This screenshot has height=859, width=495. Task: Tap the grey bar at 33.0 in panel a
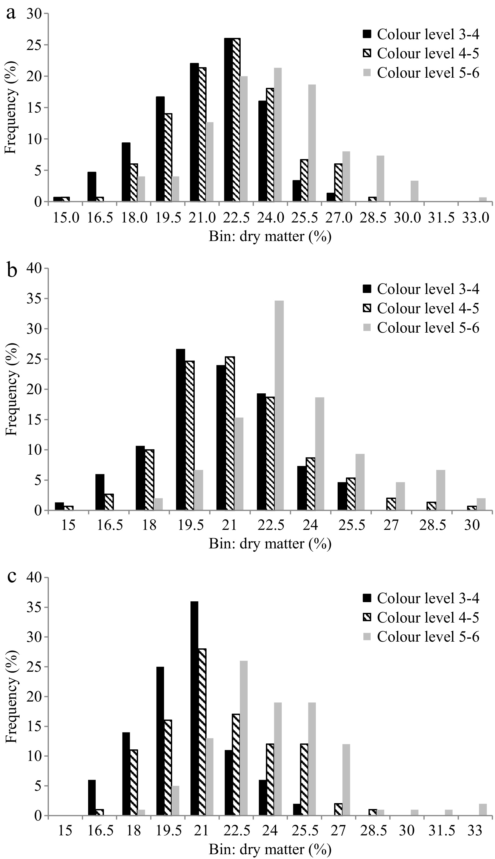click(483, 200)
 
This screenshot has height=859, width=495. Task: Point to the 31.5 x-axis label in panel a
click(441, 218)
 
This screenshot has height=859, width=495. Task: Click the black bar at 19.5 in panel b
click(180, 429)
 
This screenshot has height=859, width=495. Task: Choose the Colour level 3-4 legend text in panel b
click(428, 289)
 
